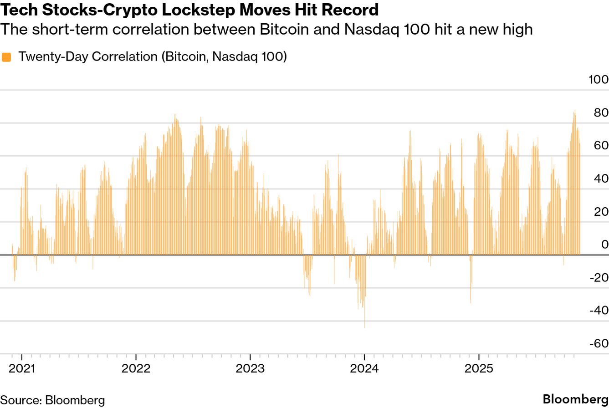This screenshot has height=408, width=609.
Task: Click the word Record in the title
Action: (350, 10)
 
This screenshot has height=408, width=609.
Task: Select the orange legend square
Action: (6, 57)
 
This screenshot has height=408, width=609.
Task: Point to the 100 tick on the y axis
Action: (598, 80)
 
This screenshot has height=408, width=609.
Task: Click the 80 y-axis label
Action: (601, 112)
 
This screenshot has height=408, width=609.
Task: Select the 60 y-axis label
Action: (601, 146)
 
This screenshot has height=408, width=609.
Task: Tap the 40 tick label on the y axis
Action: (601, 178)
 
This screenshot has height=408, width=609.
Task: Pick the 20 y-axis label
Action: (601, 212)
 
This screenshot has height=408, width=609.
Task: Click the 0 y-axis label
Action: (604, 245)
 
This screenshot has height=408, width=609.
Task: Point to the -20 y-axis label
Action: (599, 277)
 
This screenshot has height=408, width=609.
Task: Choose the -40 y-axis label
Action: (599, 311)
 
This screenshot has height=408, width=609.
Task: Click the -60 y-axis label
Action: (599, 343)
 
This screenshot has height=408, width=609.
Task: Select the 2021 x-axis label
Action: (22, 369)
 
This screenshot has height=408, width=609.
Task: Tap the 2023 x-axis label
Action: (250, 369)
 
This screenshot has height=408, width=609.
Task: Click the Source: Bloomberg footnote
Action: (52, 400)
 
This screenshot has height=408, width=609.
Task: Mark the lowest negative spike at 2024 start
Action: (365, 326)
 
